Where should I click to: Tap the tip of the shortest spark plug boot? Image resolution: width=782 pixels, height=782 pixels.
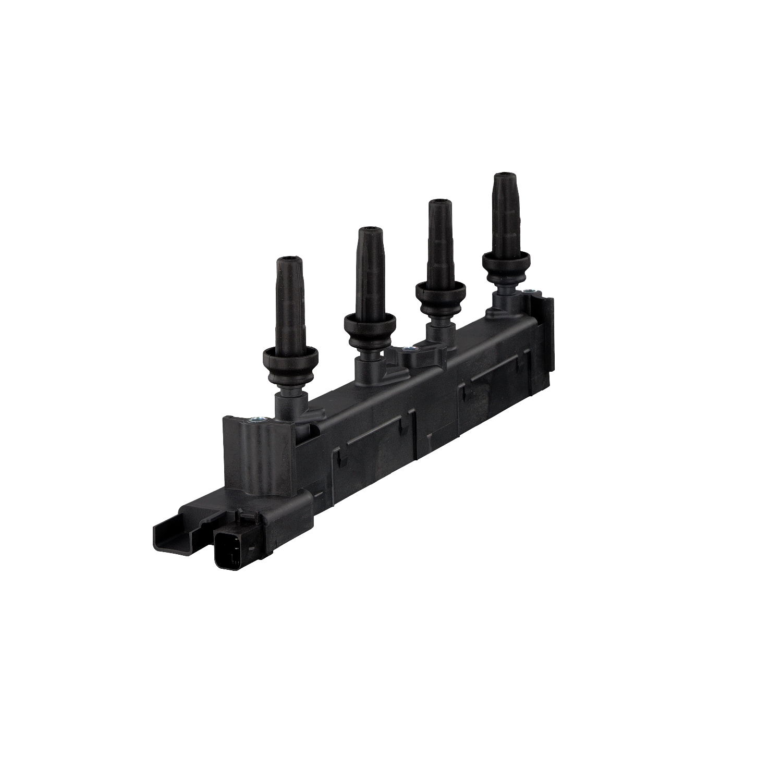point(287,259)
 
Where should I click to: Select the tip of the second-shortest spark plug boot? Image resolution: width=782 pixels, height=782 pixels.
point(369,230)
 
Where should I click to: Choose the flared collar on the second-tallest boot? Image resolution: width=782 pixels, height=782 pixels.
point(439,289)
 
